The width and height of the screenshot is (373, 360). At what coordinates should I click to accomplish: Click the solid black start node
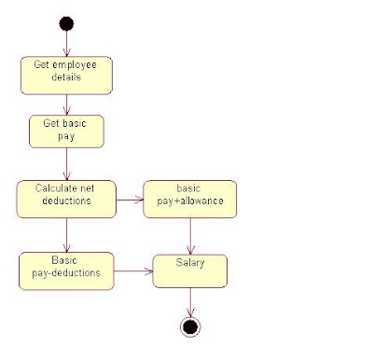point(66,23)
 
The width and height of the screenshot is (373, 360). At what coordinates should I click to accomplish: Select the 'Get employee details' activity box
point(66,76)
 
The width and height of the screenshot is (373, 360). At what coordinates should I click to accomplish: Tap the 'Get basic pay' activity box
point(66,130)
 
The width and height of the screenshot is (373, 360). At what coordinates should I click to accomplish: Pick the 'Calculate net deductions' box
point(66,199)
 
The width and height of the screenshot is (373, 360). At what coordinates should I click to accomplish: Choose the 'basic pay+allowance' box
point(190,199)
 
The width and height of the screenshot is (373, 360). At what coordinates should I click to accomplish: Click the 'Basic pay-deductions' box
point(66,270)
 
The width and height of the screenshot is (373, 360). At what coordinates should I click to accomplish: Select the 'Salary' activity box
point(190,270)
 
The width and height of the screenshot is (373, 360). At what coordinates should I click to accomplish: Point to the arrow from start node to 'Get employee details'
point(66,43)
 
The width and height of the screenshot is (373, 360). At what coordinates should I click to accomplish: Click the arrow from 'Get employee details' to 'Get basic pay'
point(66,104)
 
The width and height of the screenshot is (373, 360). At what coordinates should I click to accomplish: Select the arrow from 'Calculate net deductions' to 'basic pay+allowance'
point(130,198)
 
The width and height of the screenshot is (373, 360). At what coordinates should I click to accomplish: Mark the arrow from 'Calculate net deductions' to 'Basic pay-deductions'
point(66,234)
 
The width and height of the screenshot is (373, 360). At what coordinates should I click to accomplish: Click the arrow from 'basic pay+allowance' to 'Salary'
point(190,236)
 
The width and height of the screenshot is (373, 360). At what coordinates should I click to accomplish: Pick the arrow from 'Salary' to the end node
point(190,301)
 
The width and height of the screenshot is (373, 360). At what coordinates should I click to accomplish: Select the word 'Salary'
point(190,264)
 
